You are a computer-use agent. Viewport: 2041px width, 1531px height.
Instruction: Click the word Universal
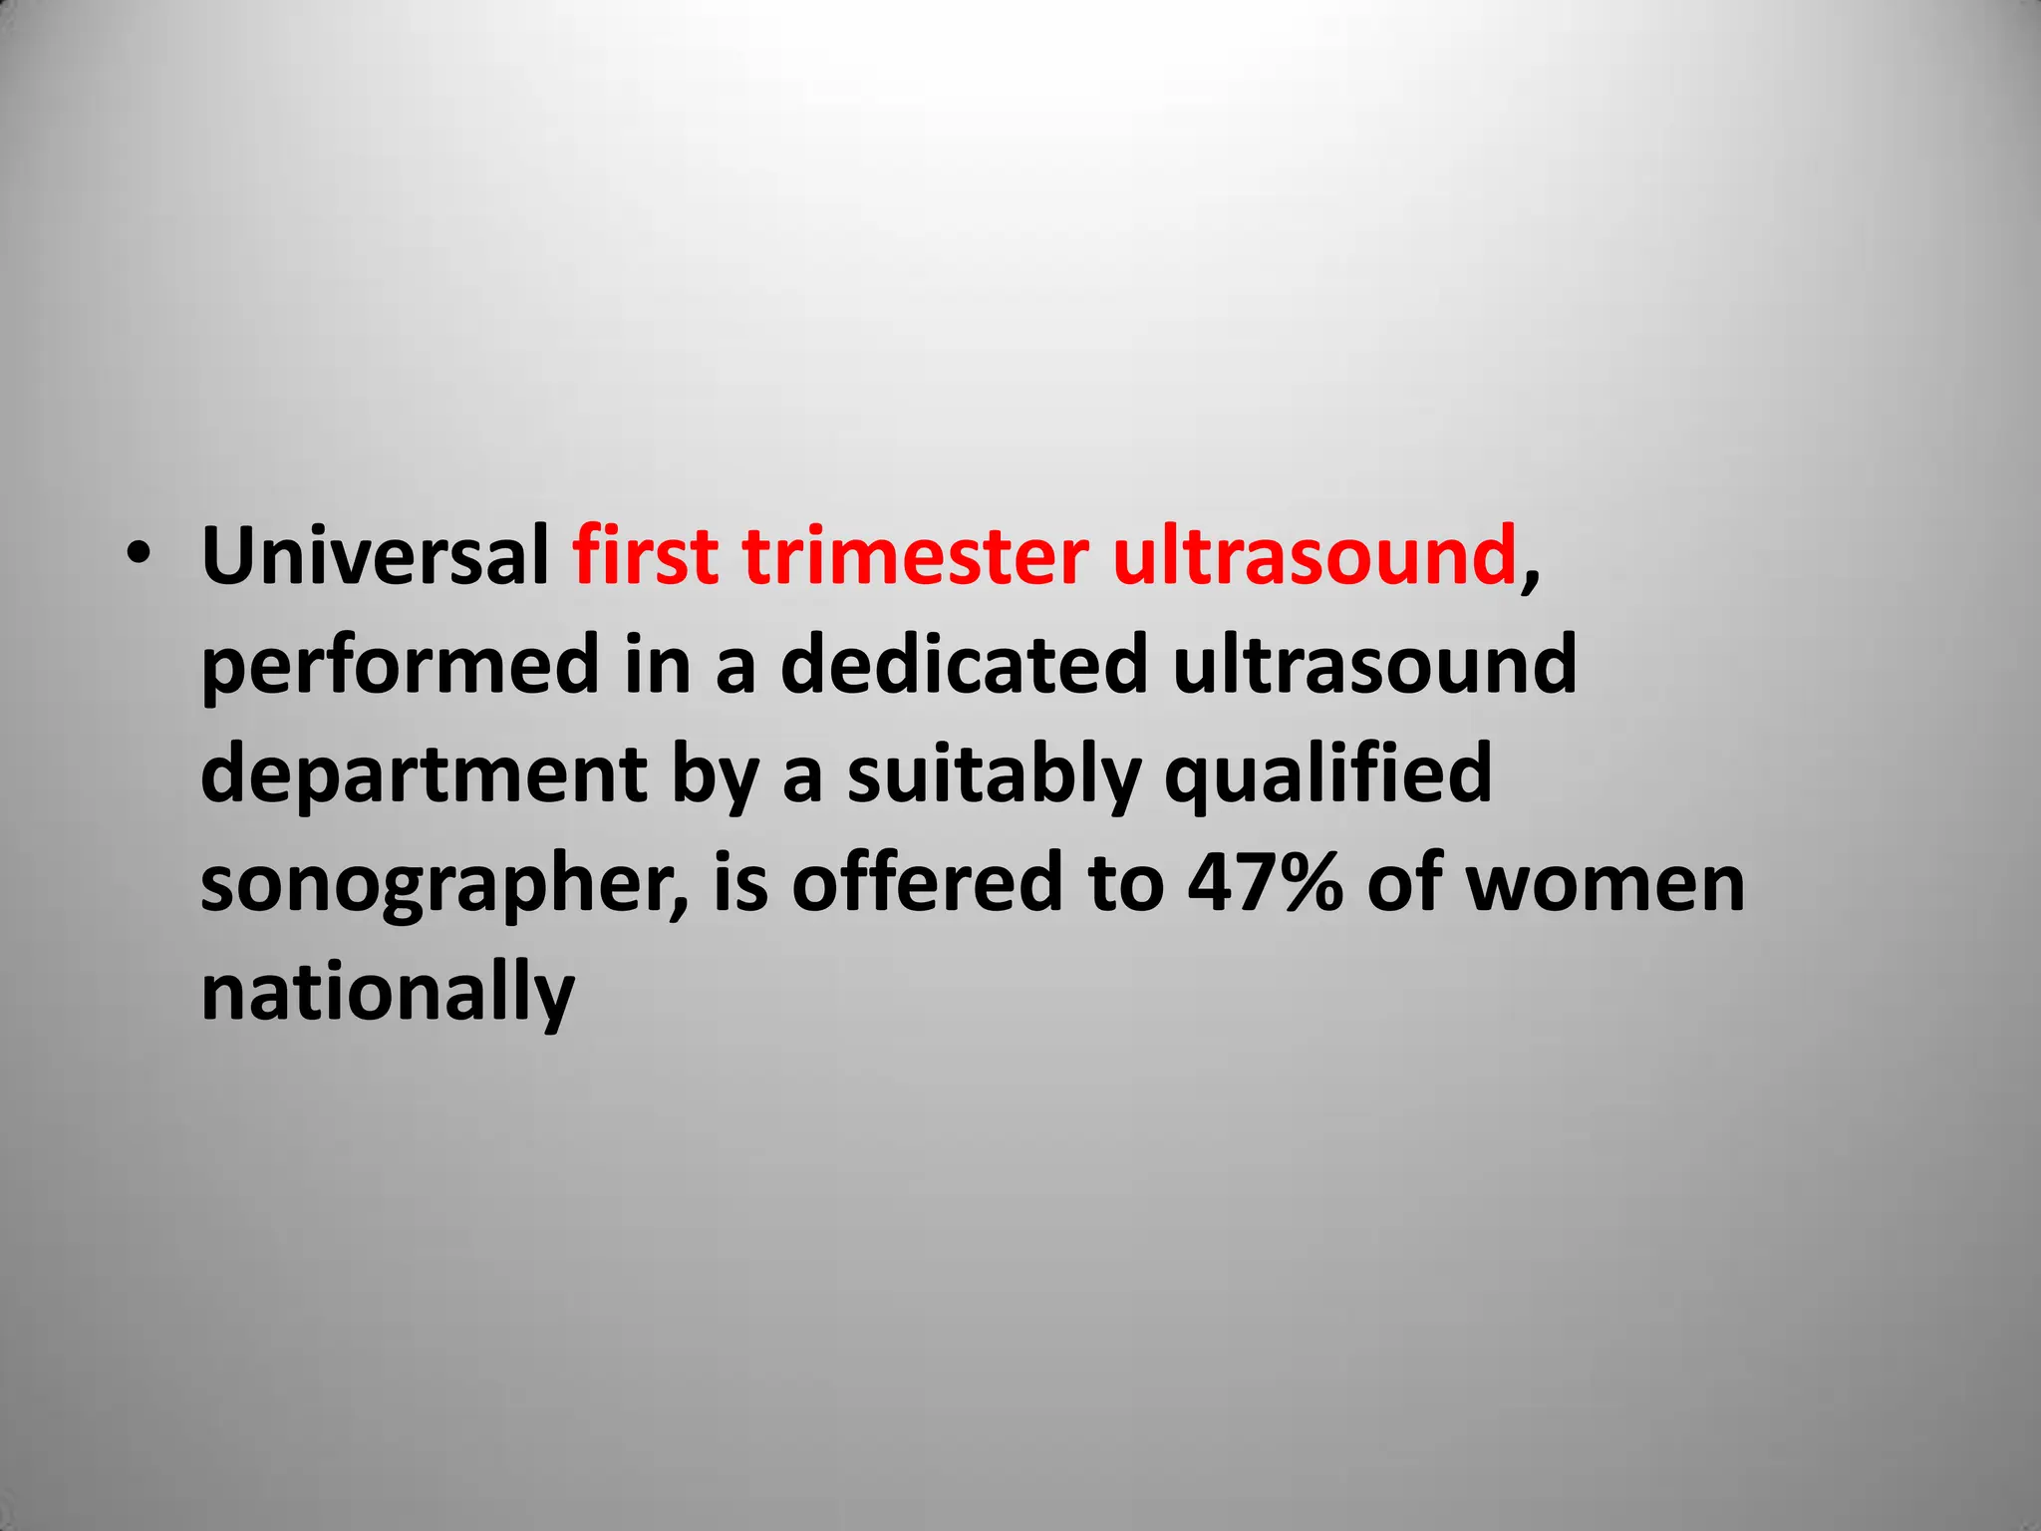coord(375,556)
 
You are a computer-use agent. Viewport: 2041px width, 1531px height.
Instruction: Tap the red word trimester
coord(915,556)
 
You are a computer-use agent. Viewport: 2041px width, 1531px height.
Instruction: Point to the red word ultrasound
coord(1313,556)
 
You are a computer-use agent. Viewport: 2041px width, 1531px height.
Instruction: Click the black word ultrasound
coord(1375,665)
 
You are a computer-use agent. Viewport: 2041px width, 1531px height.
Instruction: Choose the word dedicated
coord(965,665)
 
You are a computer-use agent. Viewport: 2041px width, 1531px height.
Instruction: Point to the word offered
coord(928,883)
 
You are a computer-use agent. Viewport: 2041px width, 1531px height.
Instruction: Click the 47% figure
coord(1264,883)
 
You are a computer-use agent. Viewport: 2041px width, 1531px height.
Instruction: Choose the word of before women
coord(1404,883)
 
